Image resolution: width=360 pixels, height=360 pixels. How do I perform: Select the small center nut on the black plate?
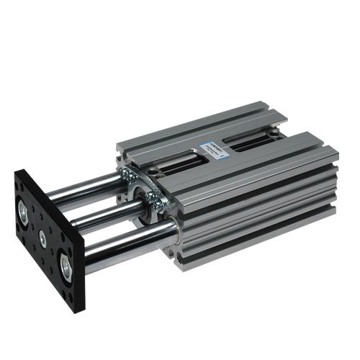coord(43,237)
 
